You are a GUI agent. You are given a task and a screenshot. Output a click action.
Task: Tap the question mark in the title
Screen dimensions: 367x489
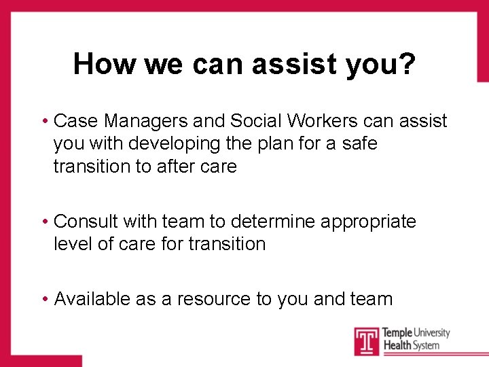407,65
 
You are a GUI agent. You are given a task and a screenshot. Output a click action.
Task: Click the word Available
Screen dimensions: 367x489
92,299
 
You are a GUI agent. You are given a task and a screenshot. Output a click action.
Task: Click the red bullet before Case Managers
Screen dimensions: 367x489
44,122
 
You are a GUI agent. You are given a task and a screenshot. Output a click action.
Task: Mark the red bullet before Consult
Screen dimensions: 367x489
44,222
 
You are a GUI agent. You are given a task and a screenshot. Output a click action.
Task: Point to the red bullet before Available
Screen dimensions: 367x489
44,300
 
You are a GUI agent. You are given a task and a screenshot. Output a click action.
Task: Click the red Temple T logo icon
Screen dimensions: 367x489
365,340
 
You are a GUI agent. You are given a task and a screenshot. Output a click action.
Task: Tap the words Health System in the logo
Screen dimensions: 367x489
411,346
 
